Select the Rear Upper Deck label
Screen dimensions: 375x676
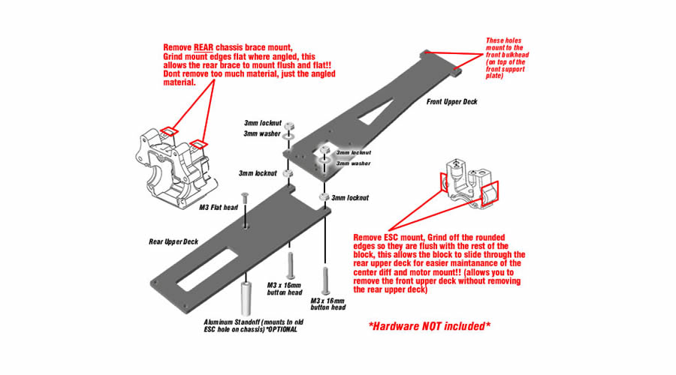click(x=174, y=241)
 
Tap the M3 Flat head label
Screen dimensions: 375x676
click(x=218, y=207)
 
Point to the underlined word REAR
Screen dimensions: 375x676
click(x=205, y=46)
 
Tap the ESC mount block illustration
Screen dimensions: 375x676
click(x=469, y=184)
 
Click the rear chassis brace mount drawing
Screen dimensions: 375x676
click(x=174, y=169)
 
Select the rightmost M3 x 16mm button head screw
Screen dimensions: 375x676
click(x=324, y=280)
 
